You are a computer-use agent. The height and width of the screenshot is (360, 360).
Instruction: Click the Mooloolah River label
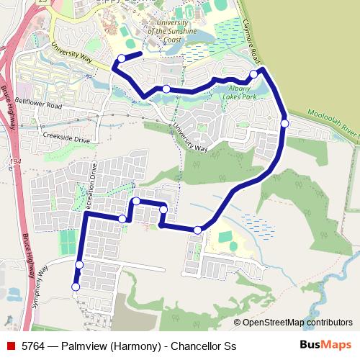(x=332, y=124)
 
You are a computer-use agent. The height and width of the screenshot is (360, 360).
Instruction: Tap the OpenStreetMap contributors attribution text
(x=293, y=323)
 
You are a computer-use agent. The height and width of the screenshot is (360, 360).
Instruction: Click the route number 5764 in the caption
(x=35, y=346)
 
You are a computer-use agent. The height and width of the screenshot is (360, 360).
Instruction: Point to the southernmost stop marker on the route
(x=76, y=287)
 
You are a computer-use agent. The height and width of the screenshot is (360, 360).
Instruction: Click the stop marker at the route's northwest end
(x=121, y=58)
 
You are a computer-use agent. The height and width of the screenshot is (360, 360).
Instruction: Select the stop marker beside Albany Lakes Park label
(x=166, y=89)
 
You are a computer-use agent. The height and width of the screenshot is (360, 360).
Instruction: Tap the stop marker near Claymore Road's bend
(x=253, y=74)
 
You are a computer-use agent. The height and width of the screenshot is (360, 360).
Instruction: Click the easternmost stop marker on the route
(x=284, y=123)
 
